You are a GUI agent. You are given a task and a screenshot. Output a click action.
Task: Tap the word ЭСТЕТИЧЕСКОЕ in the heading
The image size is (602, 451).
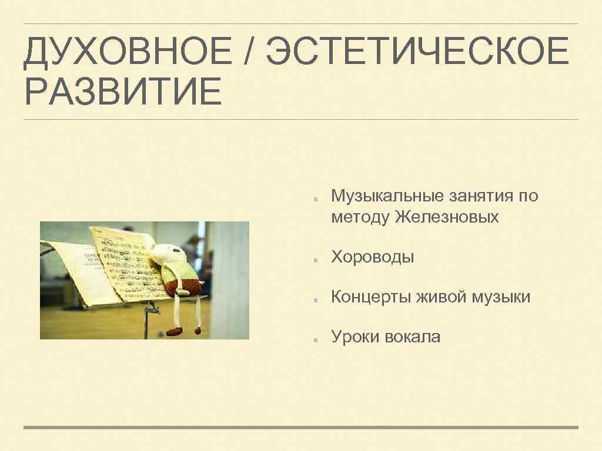tap(417, 52)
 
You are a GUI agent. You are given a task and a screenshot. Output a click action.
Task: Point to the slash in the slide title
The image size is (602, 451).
tap(252, 52)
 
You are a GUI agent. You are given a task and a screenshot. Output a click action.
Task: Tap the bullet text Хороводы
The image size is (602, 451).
tap(373, 257)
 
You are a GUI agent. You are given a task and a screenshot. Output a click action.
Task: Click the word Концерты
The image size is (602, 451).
tap(371, 297)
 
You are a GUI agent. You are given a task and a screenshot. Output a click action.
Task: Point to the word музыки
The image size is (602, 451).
tap(500, 297)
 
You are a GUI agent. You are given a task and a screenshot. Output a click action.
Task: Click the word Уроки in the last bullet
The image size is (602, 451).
tap(356, 337)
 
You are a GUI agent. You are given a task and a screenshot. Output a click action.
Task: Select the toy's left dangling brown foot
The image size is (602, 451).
tap(175, 331)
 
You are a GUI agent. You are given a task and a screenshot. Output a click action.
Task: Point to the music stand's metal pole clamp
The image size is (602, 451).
tap(153, 308)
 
